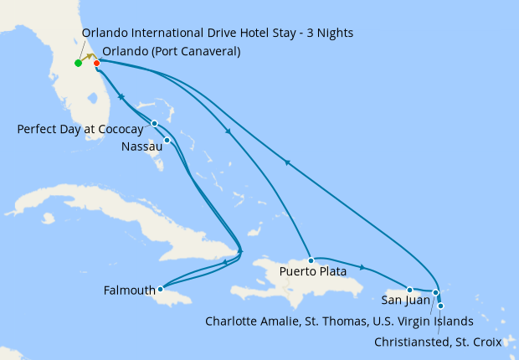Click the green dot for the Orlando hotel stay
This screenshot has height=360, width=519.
click(x=78, y=63)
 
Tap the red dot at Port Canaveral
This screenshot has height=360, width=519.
click(x=97, y=63)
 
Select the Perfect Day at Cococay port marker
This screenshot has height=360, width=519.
click(x=155, y=124)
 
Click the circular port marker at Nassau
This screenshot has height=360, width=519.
click(x=167, y=140)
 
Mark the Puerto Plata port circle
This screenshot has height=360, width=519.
click(x=311, y=260)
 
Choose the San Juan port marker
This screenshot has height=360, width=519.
click(x=409, y=290)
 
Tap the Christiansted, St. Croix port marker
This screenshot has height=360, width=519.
click(x=440, y=306)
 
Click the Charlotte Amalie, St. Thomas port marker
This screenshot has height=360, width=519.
click(x=435, y=292)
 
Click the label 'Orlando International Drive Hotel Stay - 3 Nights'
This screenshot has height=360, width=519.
click(x=218, y=33)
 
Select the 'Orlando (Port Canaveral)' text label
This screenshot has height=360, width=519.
click(x=172, y=51)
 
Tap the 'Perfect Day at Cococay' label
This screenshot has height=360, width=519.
click(x=80, y=129)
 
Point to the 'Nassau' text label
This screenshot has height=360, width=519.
click(x=141, y=147)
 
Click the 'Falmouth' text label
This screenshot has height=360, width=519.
click(x=129, y=291)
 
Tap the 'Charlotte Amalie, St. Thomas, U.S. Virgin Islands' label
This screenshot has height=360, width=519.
click(x=339, y=321)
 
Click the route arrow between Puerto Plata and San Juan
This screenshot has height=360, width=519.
click(x=362, y=268)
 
